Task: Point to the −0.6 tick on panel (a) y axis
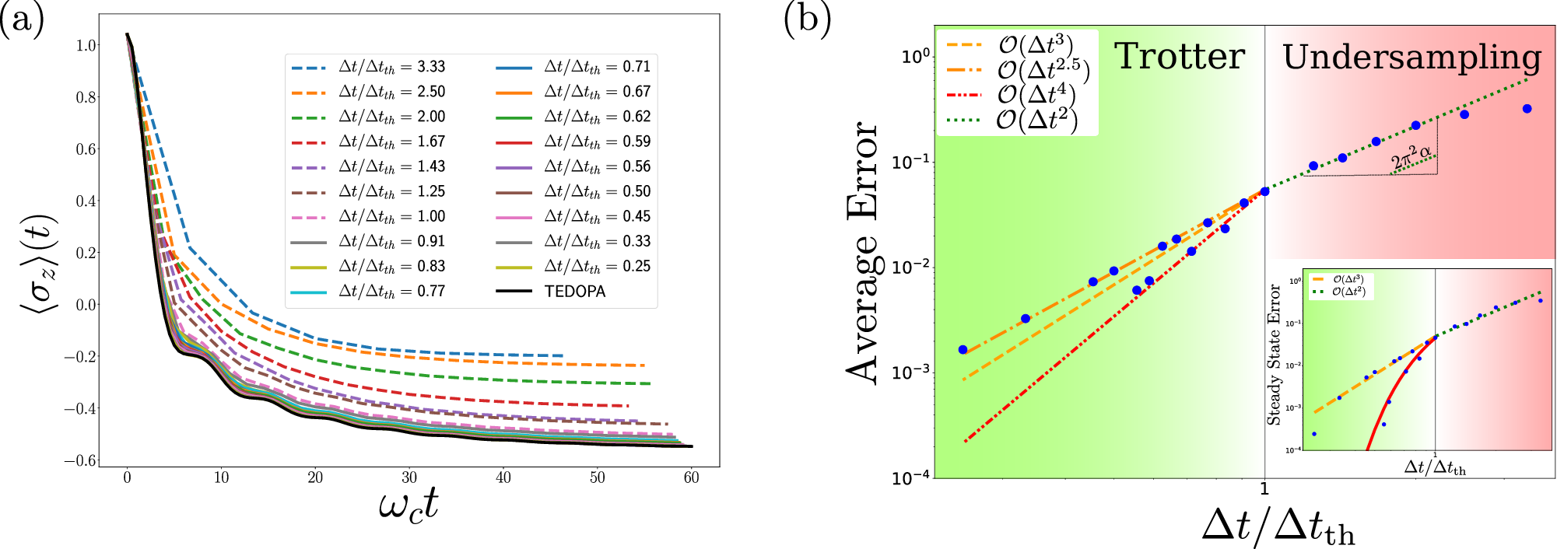click(x=80, y=460)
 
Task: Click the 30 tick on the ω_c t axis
click(x=409, y=478)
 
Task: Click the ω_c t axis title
click(x=409, y=506)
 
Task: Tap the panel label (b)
click(x=807, y=19)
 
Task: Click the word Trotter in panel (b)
click(x=1180, y=57)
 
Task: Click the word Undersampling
click(x=1411, y=58)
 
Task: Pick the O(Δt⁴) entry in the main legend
click(x=1036, y=95)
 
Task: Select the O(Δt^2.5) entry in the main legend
click(x=1043, y=70)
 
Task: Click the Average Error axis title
click(x=863, y=253)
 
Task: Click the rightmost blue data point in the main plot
click(x=1527, y=109)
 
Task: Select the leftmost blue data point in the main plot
click(x=963, y=350)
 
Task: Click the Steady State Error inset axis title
click(x=1274, y=355)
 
